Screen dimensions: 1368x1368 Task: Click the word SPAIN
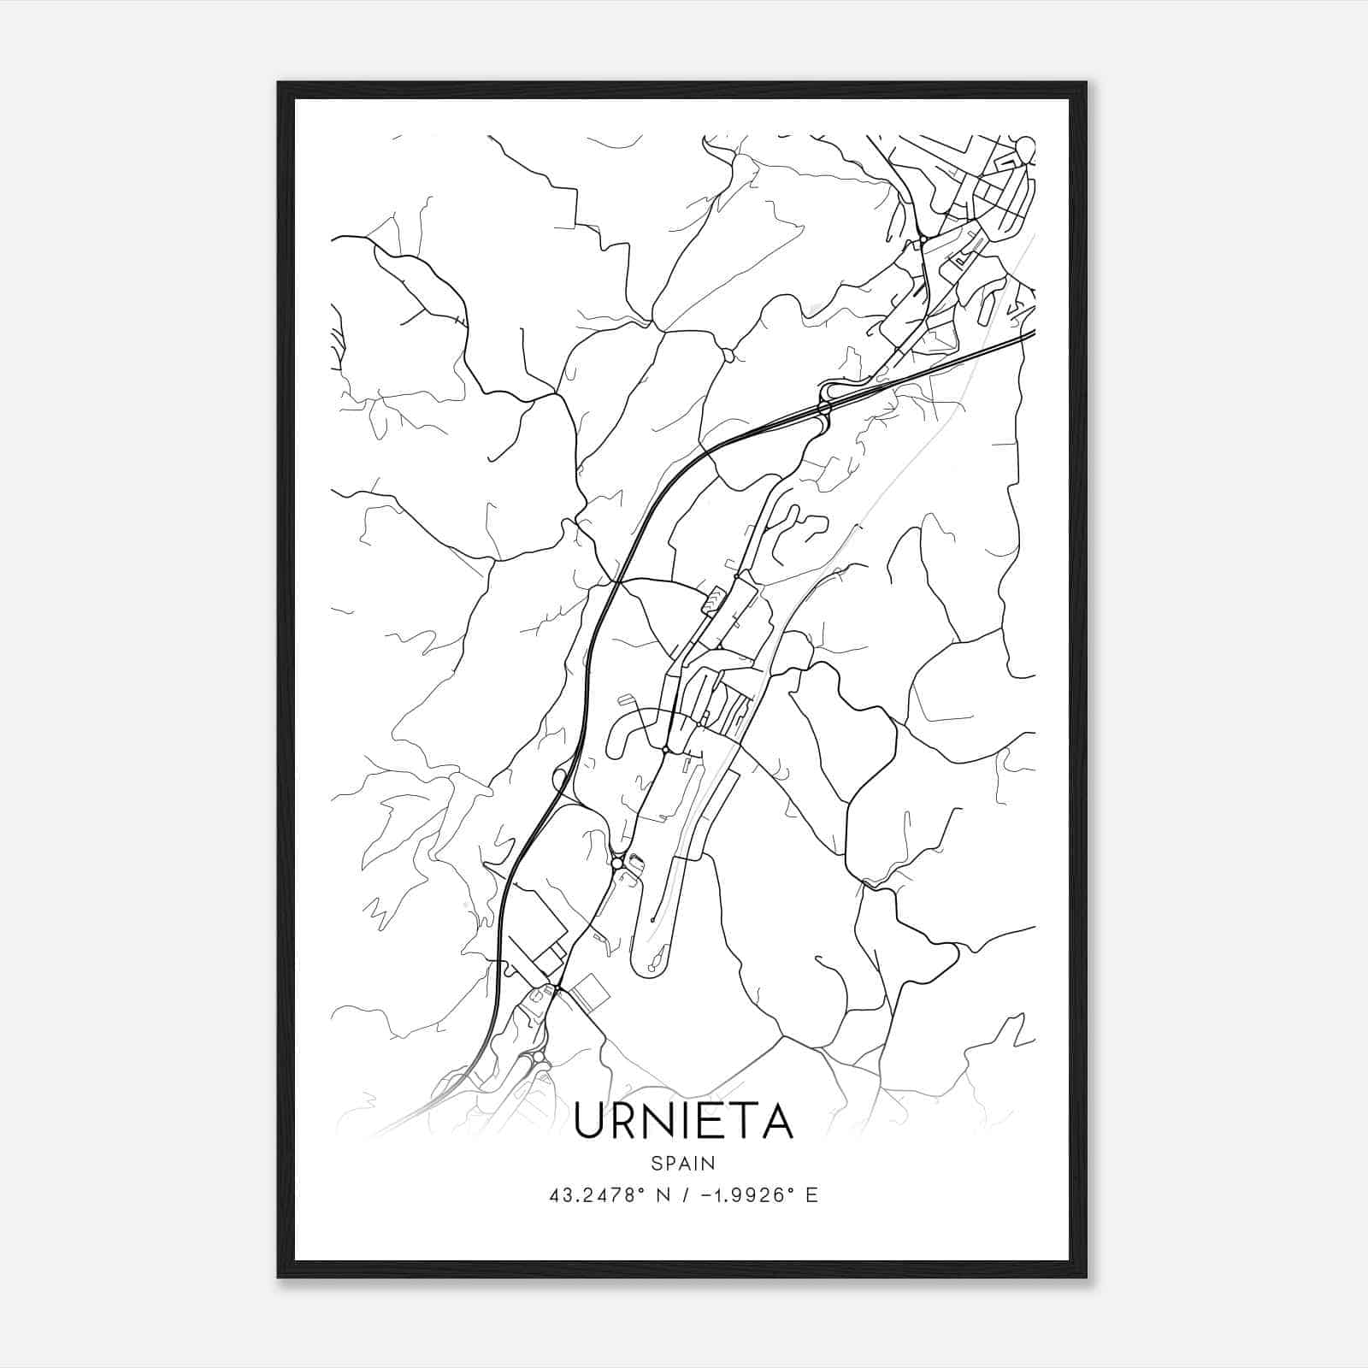[x=683, y=1163]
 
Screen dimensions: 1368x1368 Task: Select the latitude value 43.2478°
[x=597, y=1195]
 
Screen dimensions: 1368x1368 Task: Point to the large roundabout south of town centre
[x=617, y=864]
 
